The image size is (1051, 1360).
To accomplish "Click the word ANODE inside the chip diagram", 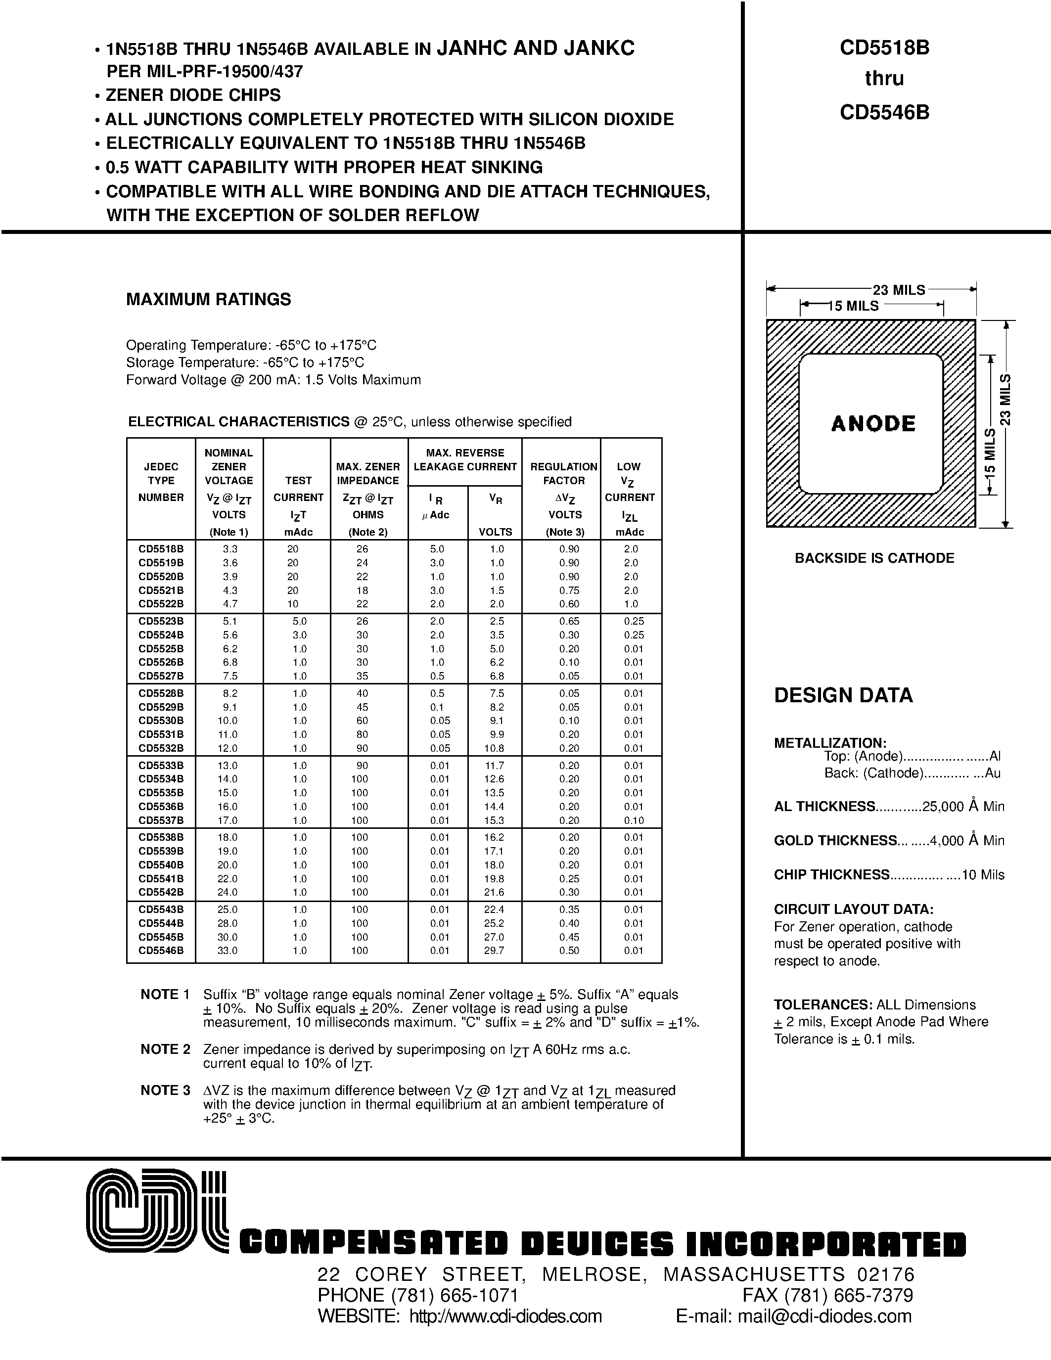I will point(873,423).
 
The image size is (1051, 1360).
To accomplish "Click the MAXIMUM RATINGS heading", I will point(209,300).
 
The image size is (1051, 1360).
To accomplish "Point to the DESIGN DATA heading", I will point(843,695).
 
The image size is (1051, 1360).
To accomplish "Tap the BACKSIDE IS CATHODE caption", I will point(874,558).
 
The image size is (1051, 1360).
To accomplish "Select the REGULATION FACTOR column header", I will point(563,473).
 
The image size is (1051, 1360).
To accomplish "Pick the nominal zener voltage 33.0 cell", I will point(230,950).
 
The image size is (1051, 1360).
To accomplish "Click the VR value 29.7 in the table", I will point(494,950).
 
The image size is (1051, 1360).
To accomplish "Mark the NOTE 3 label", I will point(165,1090).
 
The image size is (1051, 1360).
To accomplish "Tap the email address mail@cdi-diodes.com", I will point(824,1316).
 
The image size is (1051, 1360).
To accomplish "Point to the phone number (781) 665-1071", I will point(455,1295).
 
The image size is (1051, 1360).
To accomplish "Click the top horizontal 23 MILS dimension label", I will point(899,290).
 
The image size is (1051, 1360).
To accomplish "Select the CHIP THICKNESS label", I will point(831,874).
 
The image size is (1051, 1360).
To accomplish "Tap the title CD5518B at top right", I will point(884,48).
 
